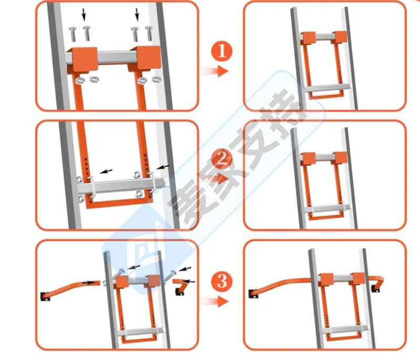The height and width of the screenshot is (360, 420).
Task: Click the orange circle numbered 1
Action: click(222, 51)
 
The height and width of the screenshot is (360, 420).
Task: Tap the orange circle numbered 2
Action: click(222, 160)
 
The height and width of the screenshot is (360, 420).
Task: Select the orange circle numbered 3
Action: click(222, 281)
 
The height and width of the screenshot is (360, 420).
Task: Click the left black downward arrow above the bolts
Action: click(84, 15)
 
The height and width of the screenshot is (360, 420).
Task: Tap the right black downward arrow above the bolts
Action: click(137, 15)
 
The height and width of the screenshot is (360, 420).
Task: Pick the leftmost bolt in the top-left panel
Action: click(72, 35)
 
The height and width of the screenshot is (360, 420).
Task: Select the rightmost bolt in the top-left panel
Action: click(149, 34)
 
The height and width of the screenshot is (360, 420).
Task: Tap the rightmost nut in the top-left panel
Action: click(156, 79)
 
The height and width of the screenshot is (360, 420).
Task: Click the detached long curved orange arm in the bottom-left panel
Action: click(70, 290)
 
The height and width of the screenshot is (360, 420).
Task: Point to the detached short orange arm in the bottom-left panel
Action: click(181, 287)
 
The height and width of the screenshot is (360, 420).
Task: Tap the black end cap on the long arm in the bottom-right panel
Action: click(254, 294)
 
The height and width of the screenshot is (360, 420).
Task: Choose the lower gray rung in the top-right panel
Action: click(328, 88)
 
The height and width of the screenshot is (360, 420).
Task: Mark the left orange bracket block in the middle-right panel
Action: click(309, 159)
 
